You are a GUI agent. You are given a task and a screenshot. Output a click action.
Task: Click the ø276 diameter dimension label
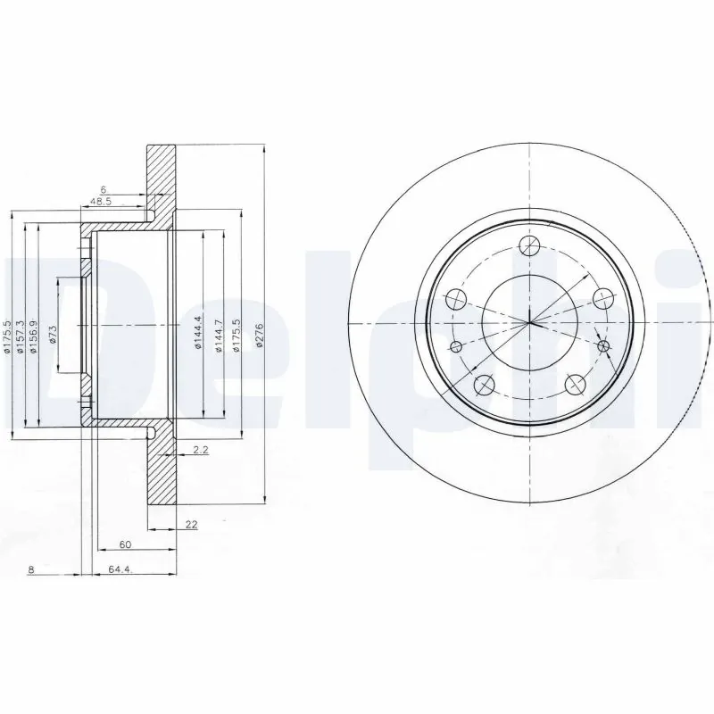(x=260, y=339)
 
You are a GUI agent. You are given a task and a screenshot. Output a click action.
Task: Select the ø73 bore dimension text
(x=54, y=335)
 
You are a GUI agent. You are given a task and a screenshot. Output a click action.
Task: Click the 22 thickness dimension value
(x=191, y=524)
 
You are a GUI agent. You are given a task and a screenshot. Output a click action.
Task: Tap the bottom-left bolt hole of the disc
(x=485, y=385)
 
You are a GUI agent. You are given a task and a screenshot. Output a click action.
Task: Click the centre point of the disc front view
(x=530, y=323)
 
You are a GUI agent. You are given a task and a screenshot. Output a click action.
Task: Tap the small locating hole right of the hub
(x=603, y=345)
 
